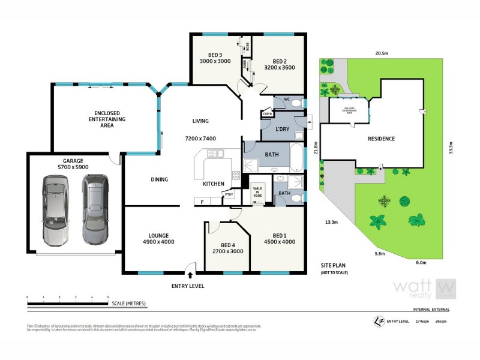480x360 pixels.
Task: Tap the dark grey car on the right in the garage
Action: click(x=93, y=209)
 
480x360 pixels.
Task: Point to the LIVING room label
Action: click(x=200, y=121)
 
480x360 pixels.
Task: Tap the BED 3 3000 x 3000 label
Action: click(x=215, y=58)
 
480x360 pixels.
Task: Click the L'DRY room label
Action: click(x=283, y=130)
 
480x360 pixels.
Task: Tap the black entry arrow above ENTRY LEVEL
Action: click(x=190, y=275)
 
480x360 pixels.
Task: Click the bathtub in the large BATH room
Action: click(x=296, y=158)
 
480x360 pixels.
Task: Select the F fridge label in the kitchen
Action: click(x=202, y=202)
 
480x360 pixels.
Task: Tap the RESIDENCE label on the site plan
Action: click(x=381, y=139)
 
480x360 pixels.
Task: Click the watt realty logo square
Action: click(x=445, y=289)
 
